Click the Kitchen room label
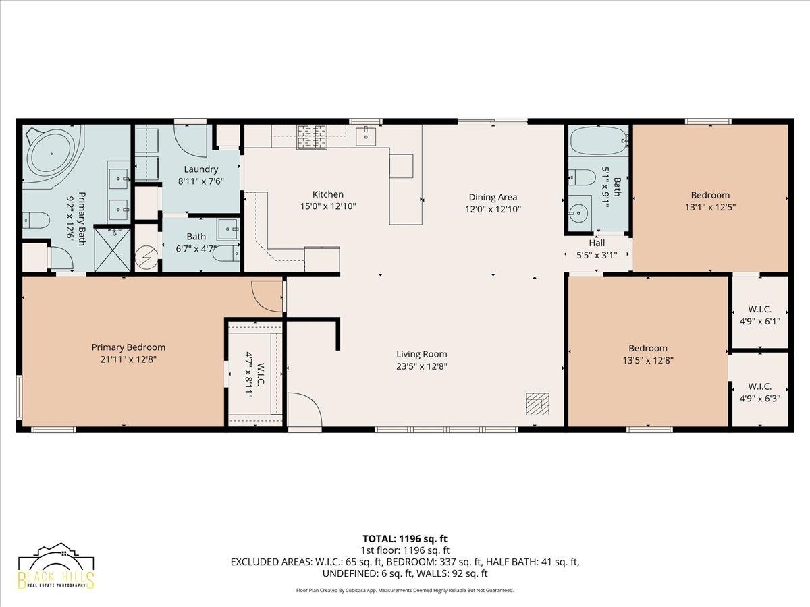327,194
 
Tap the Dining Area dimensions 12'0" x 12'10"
493,209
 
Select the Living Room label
422,354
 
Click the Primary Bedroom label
128,347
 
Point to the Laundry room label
201,169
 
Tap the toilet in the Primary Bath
36,221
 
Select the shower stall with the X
113,250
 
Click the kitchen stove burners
312,137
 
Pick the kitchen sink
366,136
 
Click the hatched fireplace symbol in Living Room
537,404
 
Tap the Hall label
597,243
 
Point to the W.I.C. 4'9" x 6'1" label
760,315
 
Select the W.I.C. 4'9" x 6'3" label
760,393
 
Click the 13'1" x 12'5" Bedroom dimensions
710,207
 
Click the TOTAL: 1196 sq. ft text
405,539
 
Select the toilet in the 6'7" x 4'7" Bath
226,254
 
